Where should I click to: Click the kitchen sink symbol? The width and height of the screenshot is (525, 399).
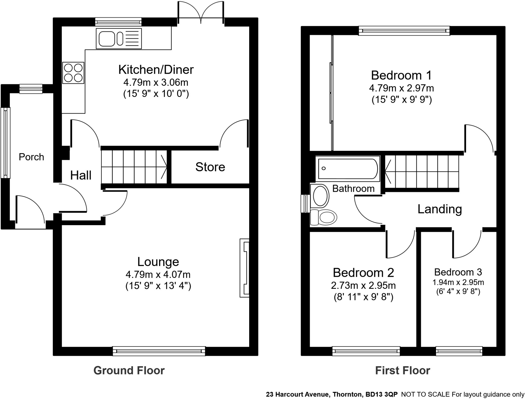[x=118, y=38]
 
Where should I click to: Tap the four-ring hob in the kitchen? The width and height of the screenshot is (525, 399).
[x=73, y=73]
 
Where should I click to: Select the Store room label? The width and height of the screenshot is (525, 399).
[x=210, y=167]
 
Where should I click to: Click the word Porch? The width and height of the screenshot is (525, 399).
[x=31, y=157]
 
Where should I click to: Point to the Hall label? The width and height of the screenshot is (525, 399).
[x=81, y=175]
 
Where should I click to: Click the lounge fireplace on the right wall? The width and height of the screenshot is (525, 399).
[x=244, y=268]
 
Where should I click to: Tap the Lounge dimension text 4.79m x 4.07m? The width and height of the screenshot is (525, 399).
[x=158, y=275]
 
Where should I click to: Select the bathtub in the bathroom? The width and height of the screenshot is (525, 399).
[x=348, y=169]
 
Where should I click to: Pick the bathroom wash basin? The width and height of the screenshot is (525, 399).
[x=320, y=196]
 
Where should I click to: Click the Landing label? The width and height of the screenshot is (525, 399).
[x=440, y=209]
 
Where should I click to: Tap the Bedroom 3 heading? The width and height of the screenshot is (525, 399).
[x=458, y=272]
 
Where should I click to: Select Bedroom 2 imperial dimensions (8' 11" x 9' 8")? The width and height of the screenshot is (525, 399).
[x=363, y=297]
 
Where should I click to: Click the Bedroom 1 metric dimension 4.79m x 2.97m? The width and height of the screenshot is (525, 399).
[x=401, y=88]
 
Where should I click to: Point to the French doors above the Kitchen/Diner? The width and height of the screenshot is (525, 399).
[x=201, y=13]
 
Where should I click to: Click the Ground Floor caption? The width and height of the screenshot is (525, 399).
[x=129, y=371]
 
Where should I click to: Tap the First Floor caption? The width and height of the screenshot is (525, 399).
[x=402, y=371]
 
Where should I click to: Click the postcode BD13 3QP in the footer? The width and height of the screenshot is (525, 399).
[x=381, y=394]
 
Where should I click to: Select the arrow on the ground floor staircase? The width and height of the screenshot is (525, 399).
[x=163, y=167]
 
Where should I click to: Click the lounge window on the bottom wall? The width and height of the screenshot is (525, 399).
[x=159, y=351]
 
